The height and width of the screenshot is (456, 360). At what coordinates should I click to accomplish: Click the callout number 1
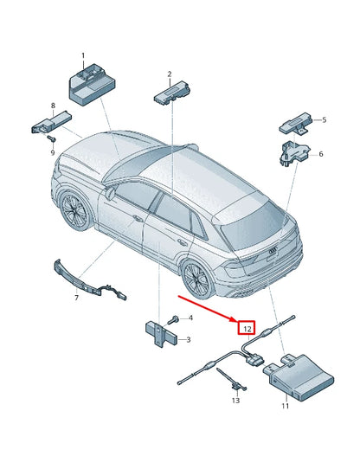(84, 56)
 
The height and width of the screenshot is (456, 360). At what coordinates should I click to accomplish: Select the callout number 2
(170, 74)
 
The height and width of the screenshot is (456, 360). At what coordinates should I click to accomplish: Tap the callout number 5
(324, 120)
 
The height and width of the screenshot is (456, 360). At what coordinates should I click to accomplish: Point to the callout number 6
(321, 154)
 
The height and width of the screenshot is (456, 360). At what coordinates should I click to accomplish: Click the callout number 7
(76, 298)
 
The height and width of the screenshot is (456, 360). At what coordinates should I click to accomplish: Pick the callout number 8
(53, 106)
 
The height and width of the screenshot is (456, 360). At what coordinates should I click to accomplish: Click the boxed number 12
(247, 329)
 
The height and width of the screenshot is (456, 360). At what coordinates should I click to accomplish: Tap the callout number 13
(235, 401)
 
